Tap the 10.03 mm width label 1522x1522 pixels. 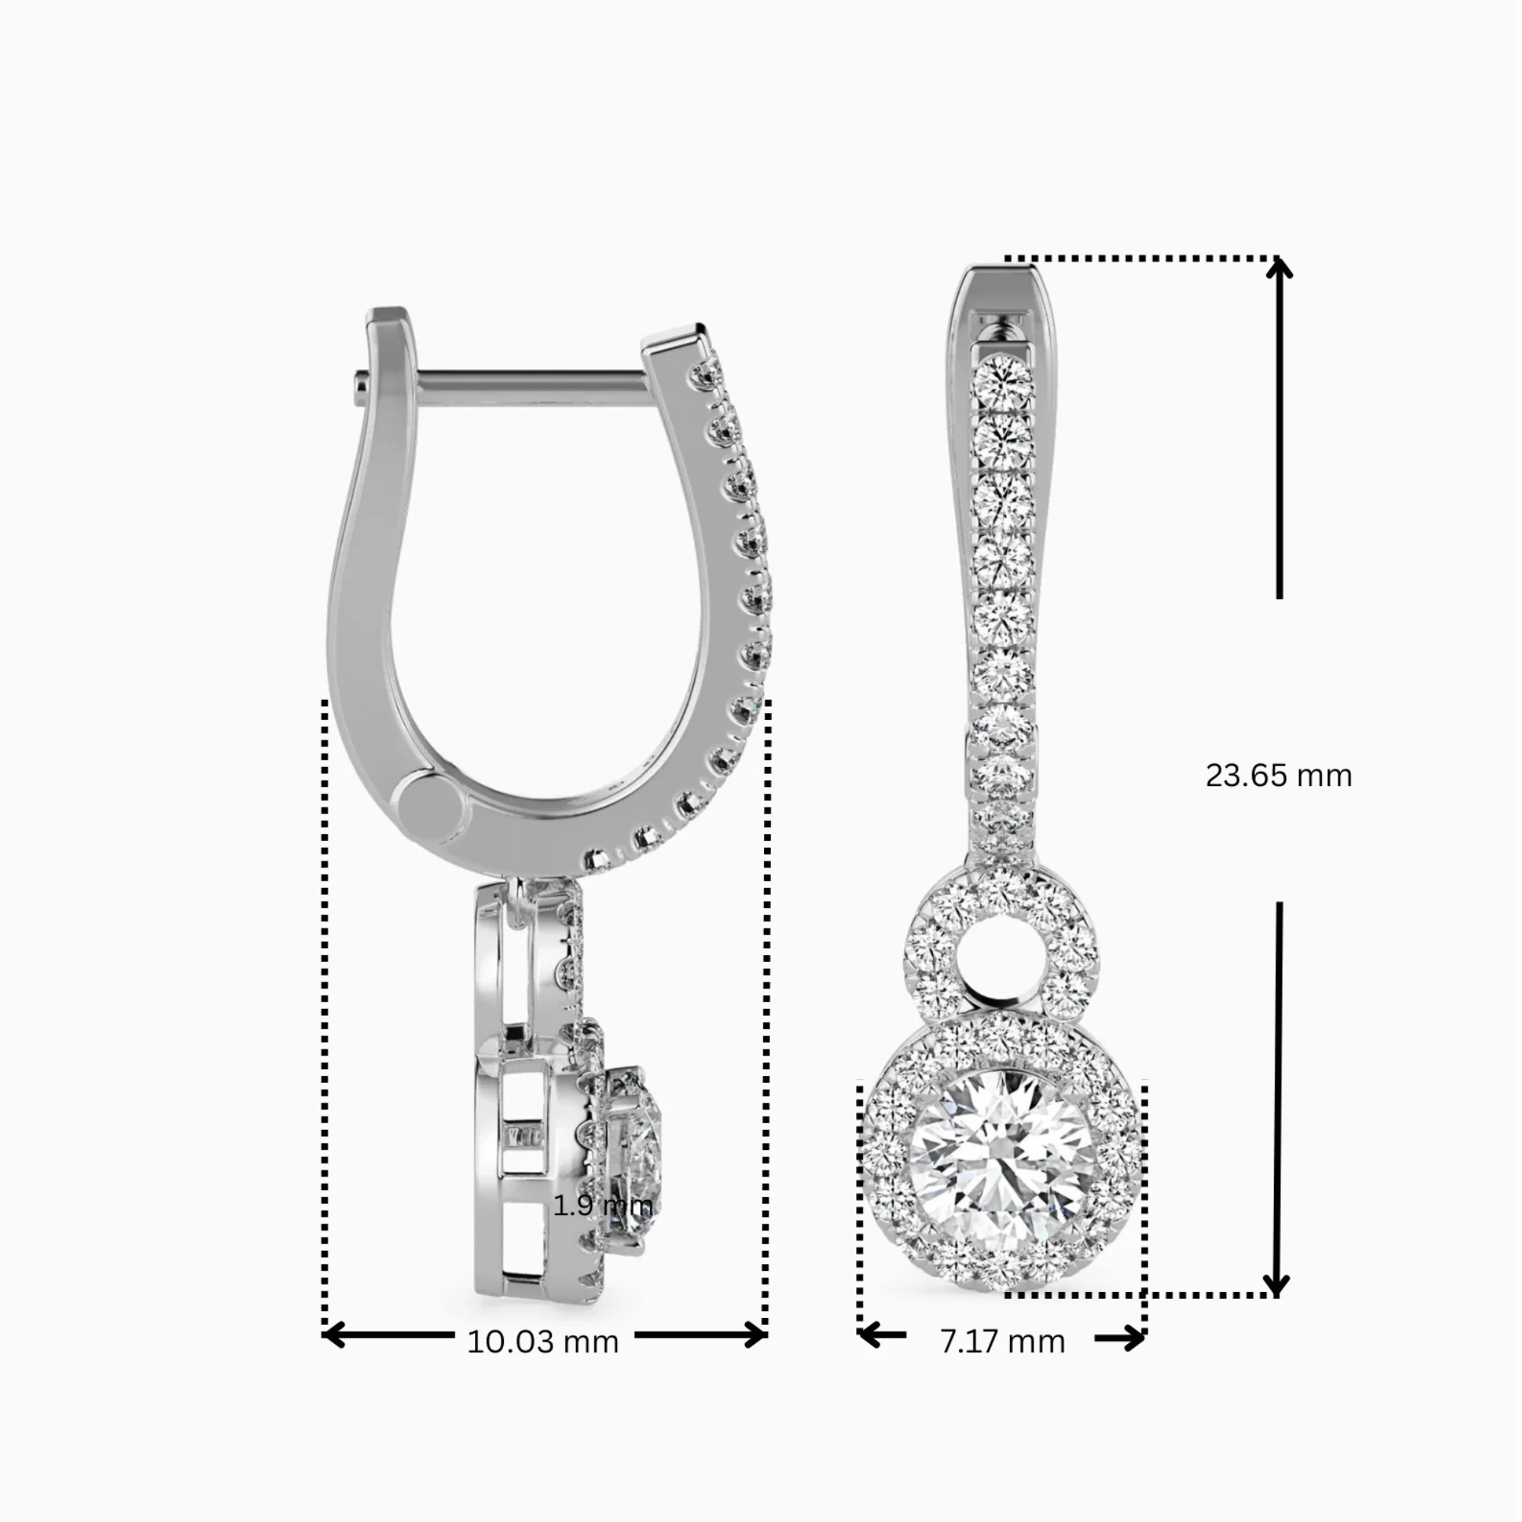(x=543, y=1342)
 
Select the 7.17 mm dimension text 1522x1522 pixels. (x=1002, y=1342)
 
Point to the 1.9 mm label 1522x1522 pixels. (x=603, y=1205)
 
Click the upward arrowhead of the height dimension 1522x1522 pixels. (x=1278, y=269)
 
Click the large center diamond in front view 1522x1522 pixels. (x=1002, y=1164)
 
